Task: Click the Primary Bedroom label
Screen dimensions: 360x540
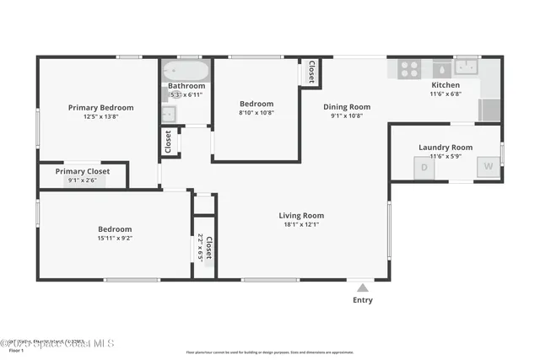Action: pyautogui.click(x=100, y=107)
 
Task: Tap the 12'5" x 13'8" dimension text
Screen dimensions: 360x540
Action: pyautogui.click(x=100, y=117)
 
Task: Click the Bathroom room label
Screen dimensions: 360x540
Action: pyautogui.click(x=186, y=86)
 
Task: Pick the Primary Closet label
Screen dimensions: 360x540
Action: pyautogui.click(x=83, y=171)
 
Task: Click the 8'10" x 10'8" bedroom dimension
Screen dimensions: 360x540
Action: pyautogui.click(x=256, y=112)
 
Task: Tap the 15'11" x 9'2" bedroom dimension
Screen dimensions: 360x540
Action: pyautogui.click(x=115, y=239)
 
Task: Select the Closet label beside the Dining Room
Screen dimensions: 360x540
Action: pyautogui.click(x=310, y=73)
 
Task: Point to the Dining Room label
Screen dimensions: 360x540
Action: pyautogui.click(x=347, y=107)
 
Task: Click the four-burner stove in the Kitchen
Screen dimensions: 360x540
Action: pyautogui.click(x=409, y=69)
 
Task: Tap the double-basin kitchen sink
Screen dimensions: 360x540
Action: pyautogui.click(x=466, y=67)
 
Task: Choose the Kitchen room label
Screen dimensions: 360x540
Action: pyautogui.click(x=445, y=85)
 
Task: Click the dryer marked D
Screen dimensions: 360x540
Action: pyautogui.click(x=424, y=167)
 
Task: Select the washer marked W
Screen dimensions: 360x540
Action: pyautogui.click(x=488, y=167)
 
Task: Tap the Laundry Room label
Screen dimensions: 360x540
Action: pyautogui.click(x=445, y=147)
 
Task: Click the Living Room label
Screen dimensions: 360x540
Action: pyautogui.click(x=301, y=216)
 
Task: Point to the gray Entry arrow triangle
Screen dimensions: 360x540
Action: pyautogui.click(x=362, y=287)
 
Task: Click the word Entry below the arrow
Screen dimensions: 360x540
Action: pyautogui.click(x=362, y=300)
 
